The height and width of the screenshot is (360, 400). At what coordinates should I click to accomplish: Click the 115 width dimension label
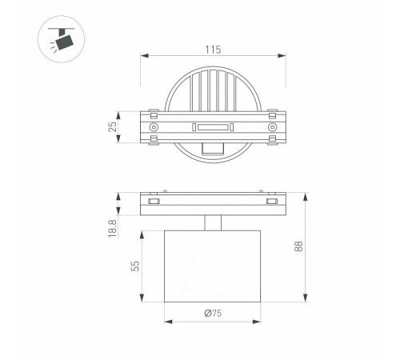213,50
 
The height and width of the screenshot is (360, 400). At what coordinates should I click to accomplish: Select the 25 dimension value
113,126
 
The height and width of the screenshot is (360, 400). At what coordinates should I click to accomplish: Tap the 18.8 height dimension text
113,229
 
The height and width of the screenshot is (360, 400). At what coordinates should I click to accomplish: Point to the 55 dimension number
135,266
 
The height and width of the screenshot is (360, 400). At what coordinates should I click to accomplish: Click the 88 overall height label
298,246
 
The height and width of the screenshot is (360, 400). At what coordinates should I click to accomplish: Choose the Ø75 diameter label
213,313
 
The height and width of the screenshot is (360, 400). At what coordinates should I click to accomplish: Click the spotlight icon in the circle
62,38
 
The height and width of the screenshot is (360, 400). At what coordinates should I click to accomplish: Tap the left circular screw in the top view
154,127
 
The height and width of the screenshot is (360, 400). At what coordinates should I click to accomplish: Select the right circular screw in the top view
272,127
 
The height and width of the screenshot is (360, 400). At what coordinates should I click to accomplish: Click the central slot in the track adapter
213,127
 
